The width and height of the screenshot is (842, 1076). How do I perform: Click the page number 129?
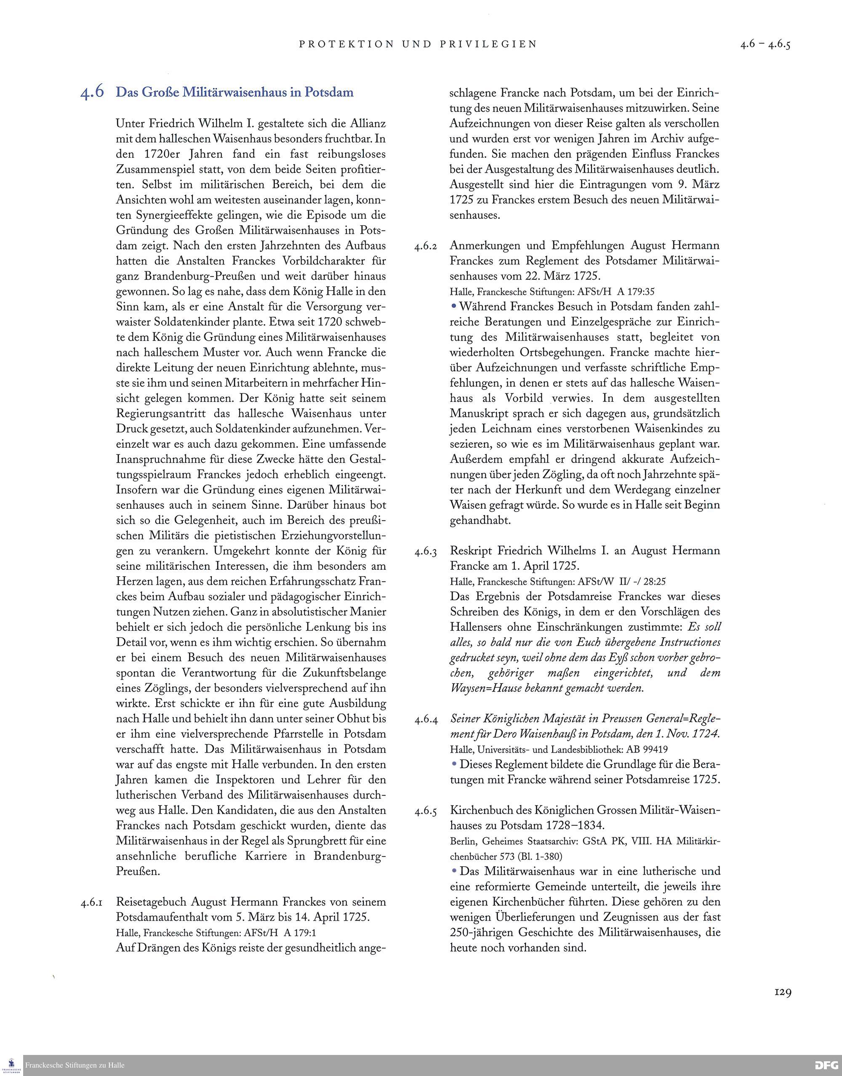pyautogui.click(x=782, y=992)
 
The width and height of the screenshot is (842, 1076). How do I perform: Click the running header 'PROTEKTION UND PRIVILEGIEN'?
pyautogui.click(x=418, y=44)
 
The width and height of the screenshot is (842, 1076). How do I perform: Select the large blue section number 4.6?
pyautogui.click(x=92, y=92)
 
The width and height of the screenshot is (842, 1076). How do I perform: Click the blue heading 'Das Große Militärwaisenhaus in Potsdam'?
pyautogui.click(x=234, y=92)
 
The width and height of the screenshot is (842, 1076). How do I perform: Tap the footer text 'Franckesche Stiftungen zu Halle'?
pyautogui.click(x=75, y=1065)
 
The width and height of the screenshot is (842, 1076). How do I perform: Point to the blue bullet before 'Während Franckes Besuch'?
pyautogui.click(x=453, y=306)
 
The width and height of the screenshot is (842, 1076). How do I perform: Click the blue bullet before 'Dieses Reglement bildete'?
pyautogui.click(x=453, y=764)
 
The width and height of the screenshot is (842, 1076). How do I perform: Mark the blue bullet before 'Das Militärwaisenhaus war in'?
pyautogui.click(x=453, y=871)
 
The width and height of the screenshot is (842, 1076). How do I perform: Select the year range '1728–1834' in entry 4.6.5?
pyautogui.click(x=574, y=825)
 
